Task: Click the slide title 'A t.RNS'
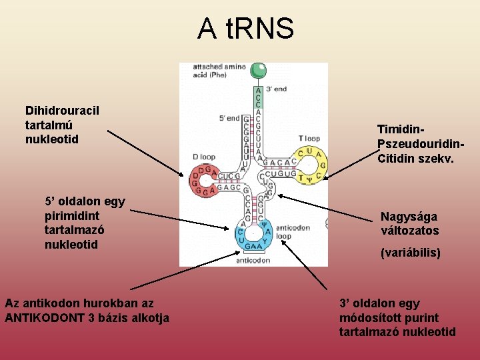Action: tap(245, 29)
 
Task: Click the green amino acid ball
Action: tap(258, 69)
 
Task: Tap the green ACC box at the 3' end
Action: tap(258, 97)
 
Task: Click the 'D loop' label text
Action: tap(204, 157)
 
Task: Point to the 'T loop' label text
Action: tap(309, 139)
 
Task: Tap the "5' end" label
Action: tap(229, 119)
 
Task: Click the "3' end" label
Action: tap(276, 89)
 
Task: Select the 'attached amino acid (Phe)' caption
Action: tap(219, 71)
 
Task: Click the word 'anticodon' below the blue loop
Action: tap(253, 261)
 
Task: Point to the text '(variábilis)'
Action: tap(410, 253)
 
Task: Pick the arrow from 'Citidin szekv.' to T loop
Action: tap(351, 166)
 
